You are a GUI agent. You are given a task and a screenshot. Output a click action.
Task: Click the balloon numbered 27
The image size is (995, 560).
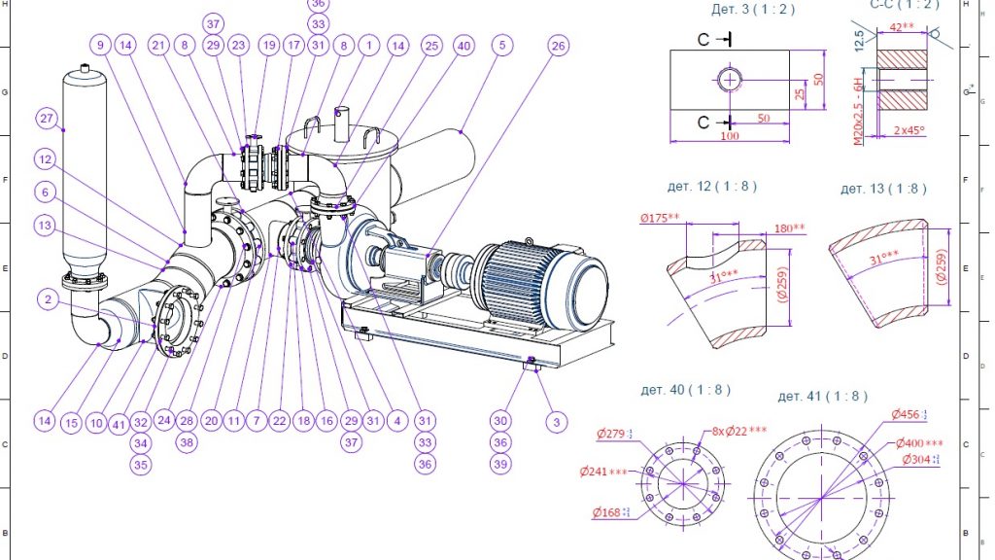46,119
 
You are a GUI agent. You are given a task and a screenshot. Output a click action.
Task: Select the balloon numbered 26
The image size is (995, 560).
557,45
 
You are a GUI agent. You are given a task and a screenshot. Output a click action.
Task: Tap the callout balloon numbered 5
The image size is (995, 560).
500,45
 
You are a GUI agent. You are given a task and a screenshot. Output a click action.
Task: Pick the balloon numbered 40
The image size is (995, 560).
463,45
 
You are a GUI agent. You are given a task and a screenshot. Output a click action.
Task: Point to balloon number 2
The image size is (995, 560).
47,299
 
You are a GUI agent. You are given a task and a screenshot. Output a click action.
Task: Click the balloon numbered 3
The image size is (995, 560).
555,421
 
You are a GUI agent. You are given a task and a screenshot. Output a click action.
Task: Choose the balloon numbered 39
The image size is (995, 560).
499,465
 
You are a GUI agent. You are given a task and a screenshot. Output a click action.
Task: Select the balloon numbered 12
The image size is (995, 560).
45,157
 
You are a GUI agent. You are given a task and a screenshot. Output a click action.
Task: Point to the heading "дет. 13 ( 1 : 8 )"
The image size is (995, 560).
883,189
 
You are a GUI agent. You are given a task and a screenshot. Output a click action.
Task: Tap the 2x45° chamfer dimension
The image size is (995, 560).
908,130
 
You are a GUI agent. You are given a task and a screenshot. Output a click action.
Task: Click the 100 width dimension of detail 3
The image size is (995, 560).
729,135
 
